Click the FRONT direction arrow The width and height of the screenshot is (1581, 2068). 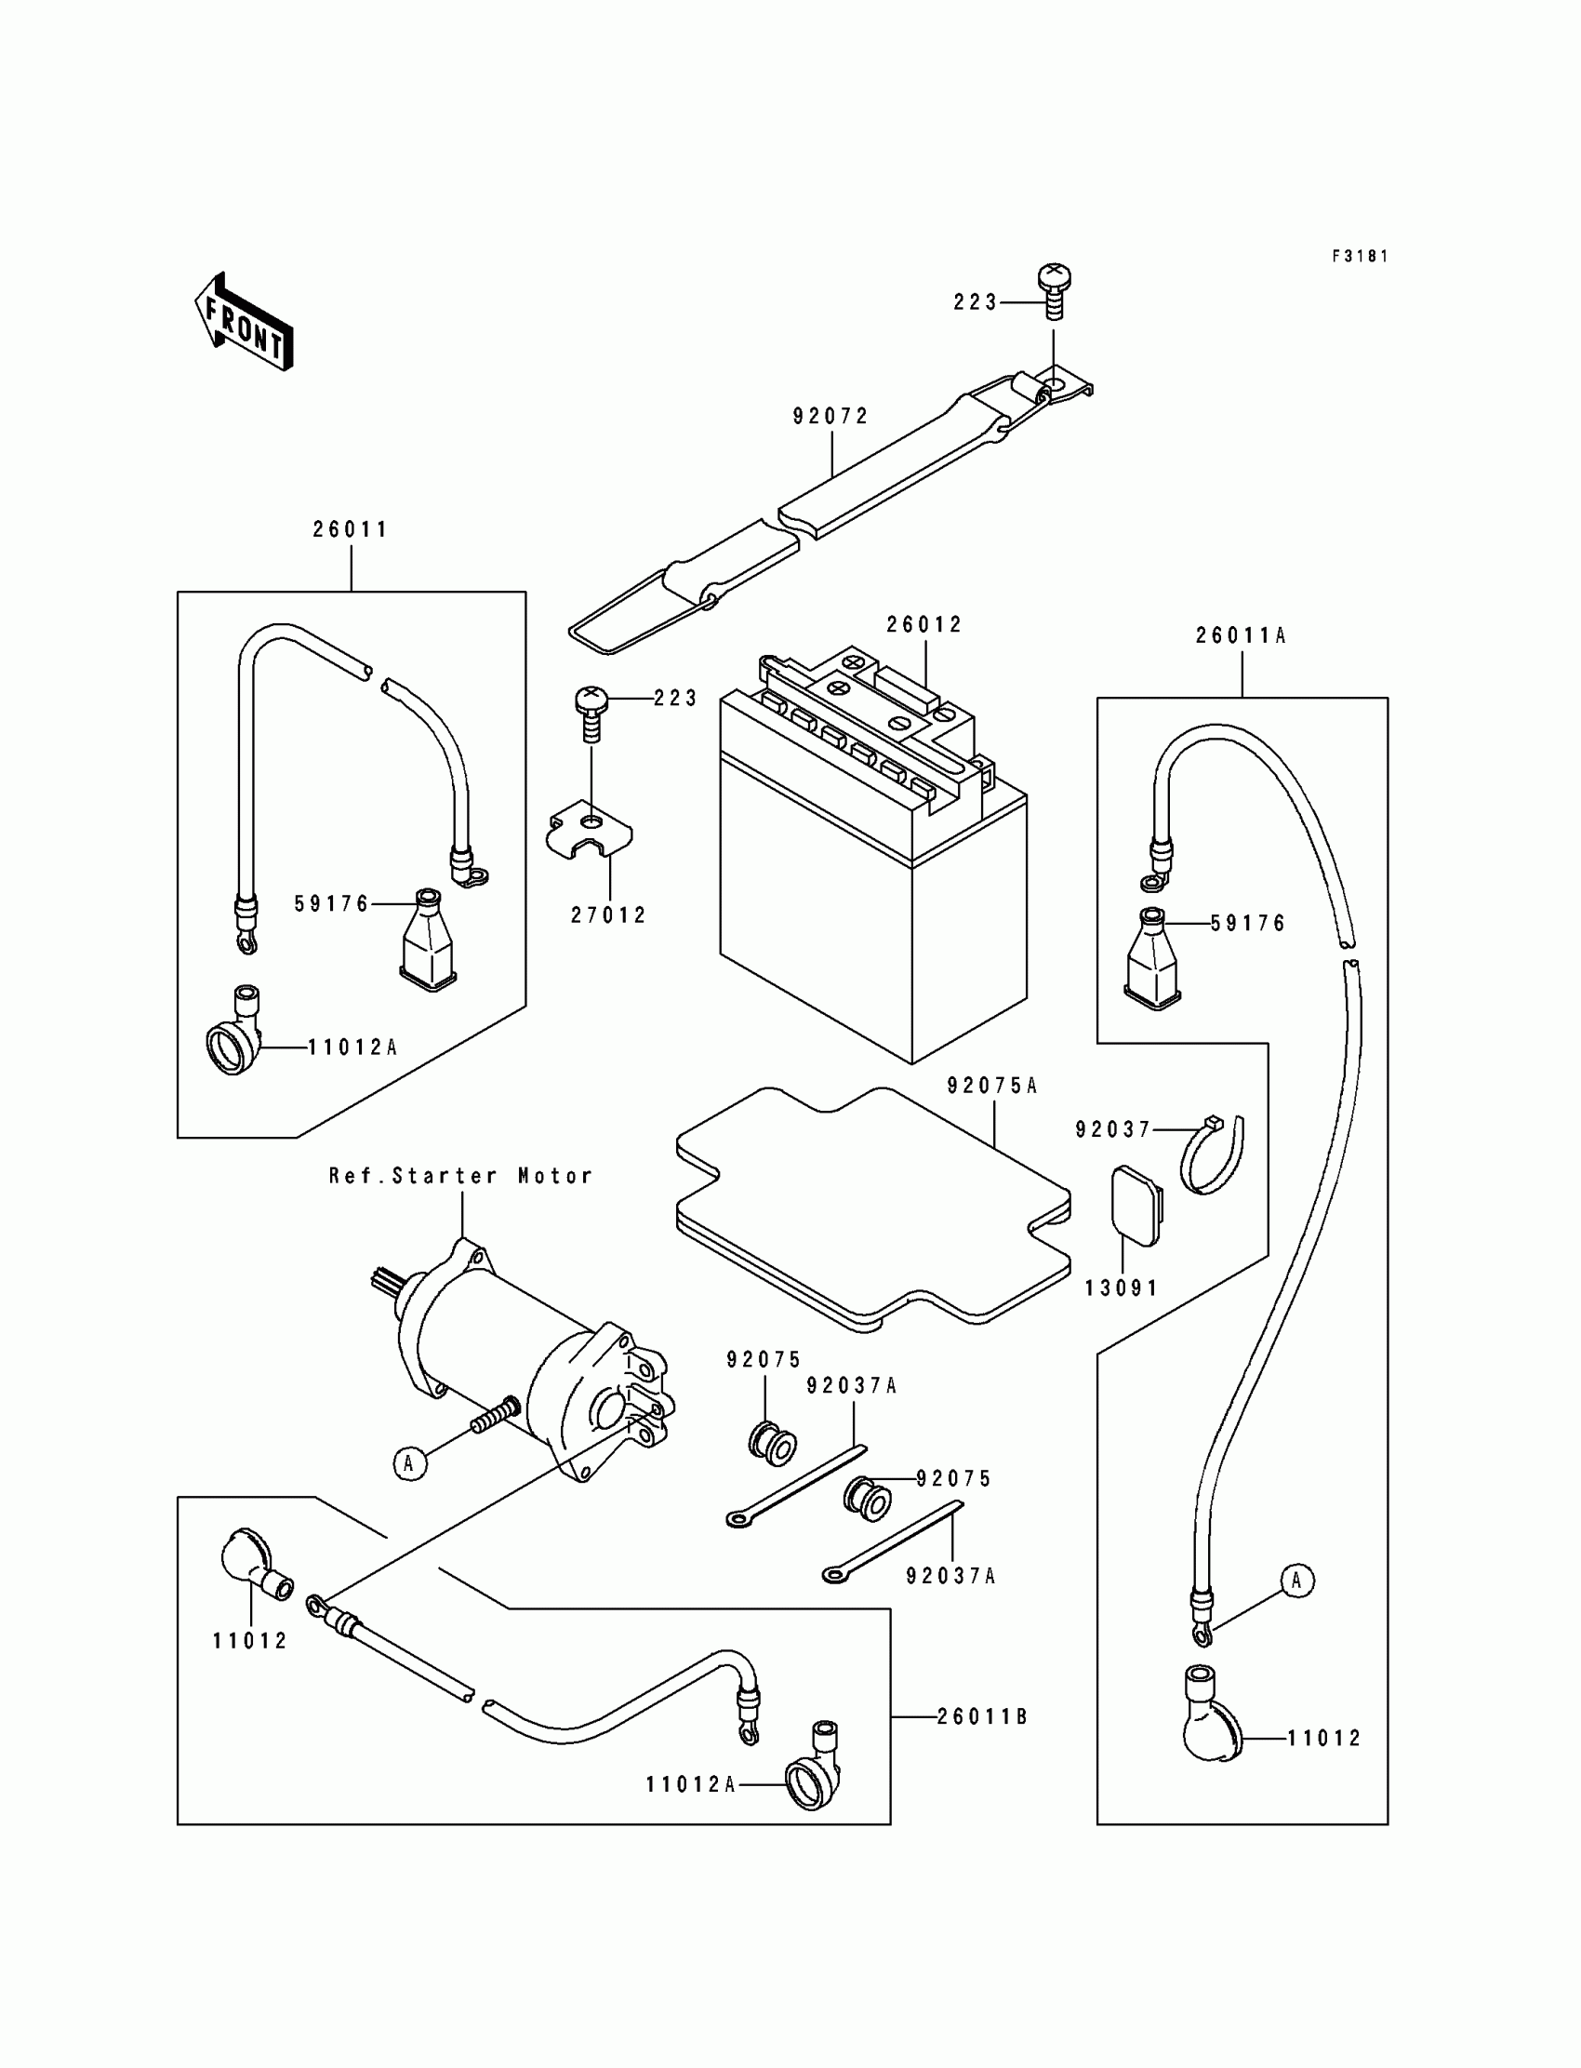[244, 322]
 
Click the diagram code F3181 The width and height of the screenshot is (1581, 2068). [1360, 256]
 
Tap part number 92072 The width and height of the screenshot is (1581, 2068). [830, 416]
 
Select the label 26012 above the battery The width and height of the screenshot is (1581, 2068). [924, 625]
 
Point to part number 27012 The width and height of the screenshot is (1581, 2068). [609, 915]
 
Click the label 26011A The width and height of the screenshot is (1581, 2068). [1241, 636]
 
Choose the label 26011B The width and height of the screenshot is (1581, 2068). [981, 1717]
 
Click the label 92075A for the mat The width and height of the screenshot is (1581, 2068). [992, 1087]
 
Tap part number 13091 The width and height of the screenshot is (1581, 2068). [1122, 1288]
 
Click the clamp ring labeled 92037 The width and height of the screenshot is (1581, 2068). [1213, 1156]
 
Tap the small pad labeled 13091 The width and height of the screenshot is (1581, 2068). [1136, 1206]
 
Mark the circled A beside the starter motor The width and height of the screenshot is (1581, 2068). [409, 1462]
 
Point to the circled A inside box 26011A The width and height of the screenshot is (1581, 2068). [1296, 1581]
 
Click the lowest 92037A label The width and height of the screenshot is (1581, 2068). [950, 1576]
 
